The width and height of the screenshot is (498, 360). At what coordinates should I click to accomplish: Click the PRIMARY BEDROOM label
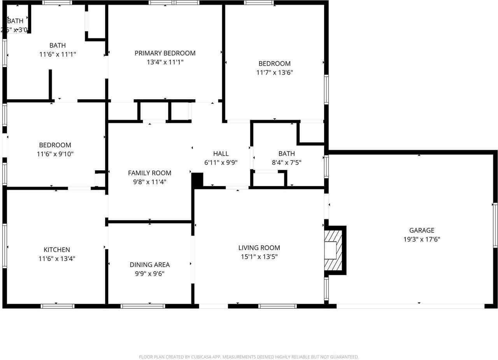165,53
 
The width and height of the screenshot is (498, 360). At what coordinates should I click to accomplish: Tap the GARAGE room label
422,231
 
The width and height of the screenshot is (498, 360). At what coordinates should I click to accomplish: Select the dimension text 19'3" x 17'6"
422,239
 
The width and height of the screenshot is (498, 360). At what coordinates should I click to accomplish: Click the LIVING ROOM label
259,248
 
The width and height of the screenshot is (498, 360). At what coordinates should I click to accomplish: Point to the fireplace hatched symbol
333,250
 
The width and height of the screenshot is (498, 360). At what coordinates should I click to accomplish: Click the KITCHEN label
57,250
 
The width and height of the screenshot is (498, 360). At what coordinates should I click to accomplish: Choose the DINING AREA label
150,265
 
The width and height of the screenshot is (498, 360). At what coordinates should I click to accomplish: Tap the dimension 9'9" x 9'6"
150,274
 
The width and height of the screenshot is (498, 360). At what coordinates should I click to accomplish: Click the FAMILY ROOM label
150,173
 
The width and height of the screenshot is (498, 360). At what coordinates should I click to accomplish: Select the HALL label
221,154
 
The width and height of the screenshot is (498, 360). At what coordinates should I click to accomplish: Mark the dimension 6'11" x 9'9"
221,163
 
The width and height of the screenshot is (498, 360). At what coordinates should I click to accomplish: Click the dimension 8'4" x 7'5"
286,163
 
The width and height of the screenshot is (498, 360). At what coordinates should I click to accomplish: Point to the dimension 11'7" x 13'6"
275,72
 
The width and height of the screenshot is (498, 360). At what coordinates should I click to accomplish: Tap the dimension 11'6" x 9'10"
55,154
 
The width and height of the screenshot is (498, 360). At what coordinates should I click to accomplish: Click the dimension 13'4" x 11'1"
165,62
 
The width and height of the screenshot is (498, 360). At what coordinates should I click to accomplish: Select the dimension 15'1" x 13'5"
259,257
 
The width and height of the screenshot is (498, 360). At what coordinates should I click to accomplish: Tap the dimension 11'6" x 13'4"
57,259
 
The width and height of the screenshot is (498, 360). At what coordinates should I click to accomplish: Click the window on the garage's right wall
495,225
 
